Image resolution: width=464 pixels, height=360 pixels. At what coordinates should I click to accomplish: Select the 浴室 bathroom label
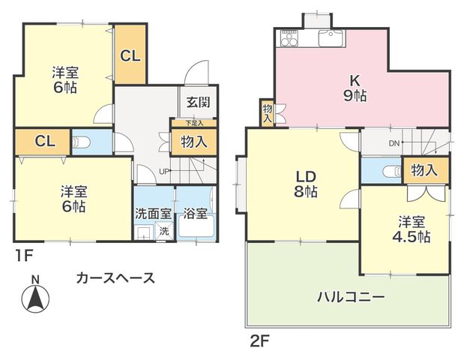tap(195, 213)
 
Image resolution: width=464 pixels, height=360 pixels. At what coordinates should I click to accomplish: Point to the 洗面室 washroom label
tap(153, 213)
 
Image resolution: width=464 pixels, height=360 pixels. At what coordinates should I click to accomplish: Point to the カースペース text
tap(115, 277)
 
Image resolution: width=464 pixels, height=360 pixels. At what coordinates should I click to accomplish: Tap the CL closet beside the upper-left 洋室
tap(130, 54)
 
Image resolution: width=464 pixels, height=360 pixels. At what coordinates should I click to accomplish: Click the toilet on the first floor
tap(82, 141)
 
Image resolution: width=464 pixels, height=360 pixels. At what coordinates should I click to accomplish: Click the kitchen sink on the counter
tap(329, 37)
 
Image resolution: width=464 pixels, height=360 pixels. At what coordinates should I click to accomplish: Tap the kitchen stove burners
tap(289, 37)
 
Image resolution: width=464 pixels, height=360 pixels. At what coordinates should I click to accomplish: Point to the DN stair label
tap(394, 142)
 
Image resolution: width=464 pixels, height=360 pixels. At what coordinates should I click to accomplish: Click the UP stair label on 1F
tap(163, 171)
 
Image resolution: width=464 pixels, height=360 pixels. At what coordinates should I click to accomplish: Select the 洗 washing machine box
tap(164, 231)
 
